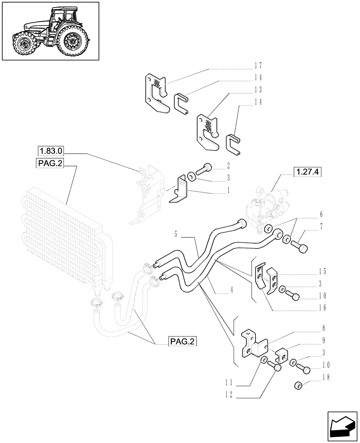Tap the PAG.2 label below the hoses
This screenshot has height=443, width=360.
tap(182, 341)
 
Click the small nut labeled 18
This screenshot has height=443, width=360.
tap(298, 386)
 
